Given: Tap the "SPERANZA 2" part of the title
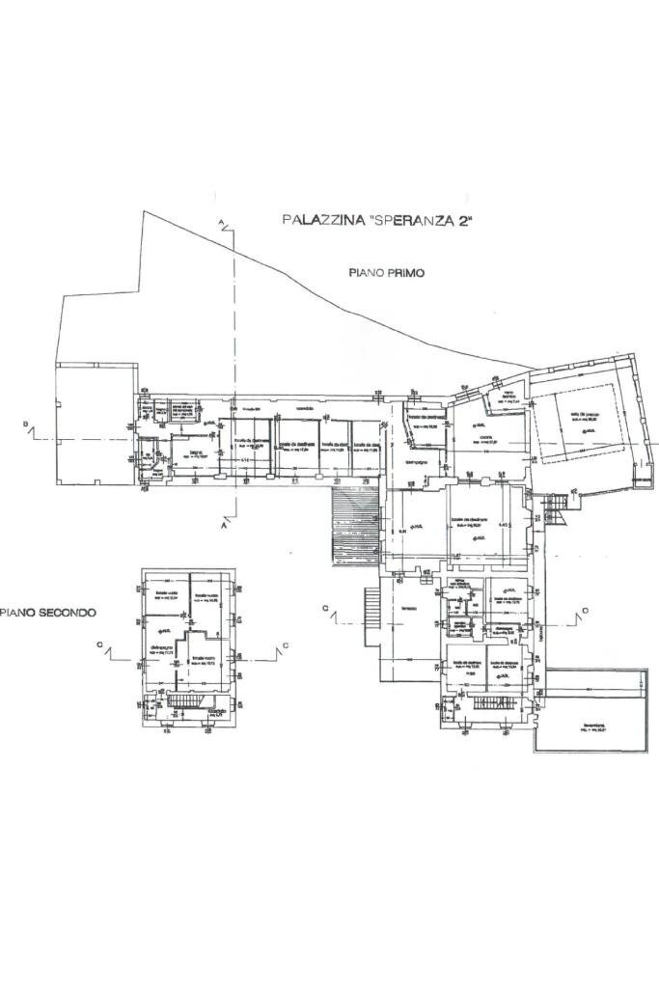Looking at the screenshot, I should coord(419,220).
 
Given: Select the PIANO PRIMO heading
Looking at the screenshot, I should coord(387,273).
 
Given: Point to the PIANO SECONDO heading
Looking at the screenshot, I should coord(47,612).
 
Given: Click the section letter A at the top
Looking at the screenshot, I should coord(221,223).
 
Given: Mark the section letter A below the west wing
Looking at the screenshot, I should coord(223,529).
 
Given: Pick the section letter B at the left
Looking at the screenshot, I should coord(24,425).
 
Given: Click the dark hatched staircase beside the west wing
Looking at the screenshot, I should coord(344,527).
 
